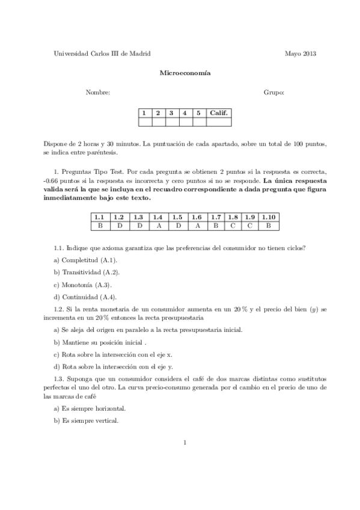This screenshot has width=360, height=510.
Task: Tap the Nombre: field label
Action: pyautogui.click(x=98, y=93)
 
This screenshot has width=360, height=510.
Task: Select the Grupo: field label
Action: pyautogui.click(x=273, y=93)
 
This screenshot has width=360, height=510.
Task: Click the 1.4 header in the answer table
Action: pyautogui.click(x=158, y=217)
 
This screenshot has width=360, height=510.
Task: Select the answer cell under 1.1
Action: pyautogui.click(x=100, y=226)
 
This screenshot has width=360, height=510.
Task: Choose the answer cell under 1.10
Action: pyautogui.click(x=269, y=226)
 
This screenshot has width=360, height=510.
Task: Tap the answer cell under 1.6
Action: pyautogui.click(x=197, y=226)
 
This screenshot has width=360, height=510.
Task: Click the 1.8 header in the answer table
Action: pyautogui.click(x=233, y=217)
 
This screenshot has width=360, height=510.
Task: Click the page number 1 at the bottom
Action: pyautogui.click(x=186, y=443)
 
